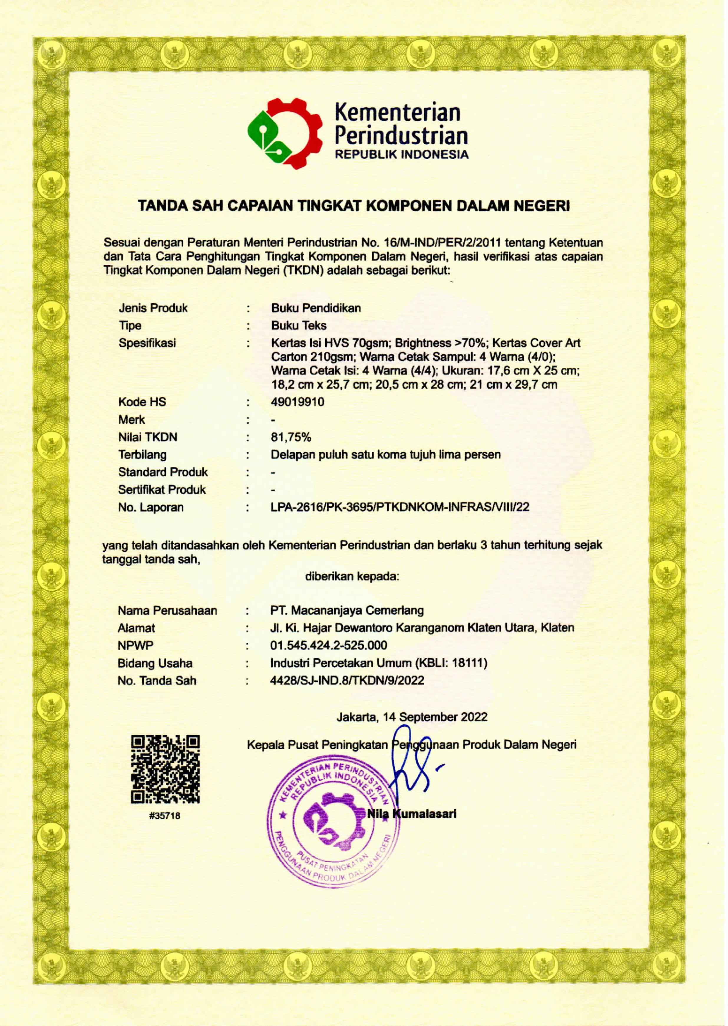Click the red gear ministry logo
(x=285, y=133)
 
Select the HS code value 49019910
(x=297, y=402)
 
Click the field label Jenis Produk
(x=153, y=308)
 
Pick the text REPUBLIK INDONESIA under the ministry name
(x=402, y=155)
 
